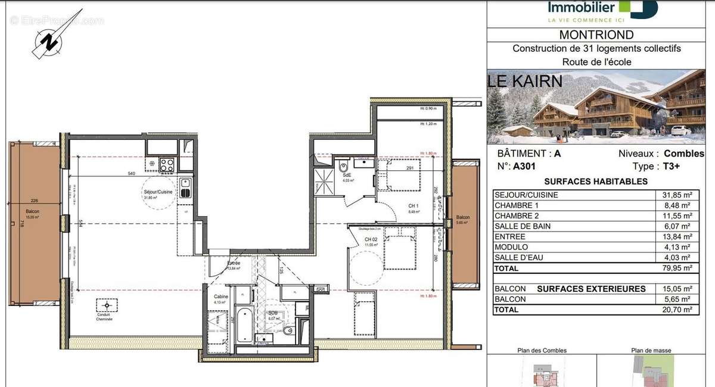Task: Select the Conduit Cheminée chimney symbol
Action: point(107,305)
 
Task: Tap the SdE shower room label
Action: point(346,176)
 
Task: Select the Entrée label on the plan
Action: point(234,263)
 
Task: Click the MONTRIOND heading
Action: point(596,35)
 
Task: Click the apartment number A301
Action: point(524,167)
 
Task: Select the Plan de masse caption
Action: point(651,351)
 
